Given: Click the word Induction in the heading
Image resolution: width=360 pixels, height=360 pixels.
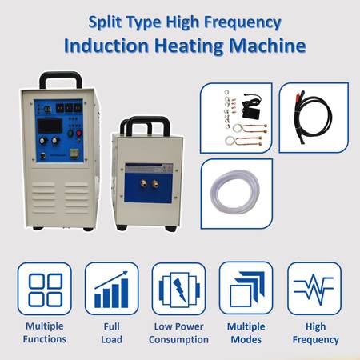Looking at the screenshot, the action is (x=106, y=46).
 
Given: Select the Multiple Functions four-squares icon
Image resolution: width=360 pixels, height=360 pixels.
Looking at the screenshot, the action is (x=45, y=289).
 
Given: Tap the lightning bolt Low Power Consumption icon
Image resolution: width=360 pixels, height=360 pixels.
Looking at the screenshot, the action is (x=179, y=289).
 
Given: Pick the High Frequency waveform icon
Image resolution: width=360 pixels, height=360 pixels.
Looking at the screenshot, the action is (x=314, y=289).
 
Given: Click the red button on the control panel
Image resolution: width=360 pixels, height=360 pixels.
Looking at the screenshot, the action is (x=79, y=133).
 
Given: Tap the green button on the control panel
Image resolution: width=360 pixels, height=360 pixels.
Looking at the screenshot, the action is (x=70, y=133).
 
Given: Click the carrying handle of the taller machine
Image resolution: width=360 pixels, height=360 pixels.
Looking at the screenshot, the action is (x=61, y=79).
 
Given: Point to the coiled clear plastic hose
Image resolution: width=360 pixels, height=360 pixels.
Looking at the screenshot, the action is (x=234, y=191).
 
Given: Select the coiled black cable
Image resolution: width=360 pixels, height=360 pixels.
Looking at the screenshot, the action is (x=314, y=117).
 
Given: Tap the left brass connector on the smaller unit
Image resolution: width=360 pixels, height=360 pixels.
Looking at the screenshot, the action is (x=144, y=183).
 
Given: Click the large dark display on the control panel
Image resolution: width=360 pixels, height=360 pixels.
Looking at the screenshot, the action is (x=50, y=126).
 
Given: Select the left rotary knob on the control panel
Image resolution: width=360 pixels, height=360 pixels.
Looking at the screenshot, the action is (x=42, y=141).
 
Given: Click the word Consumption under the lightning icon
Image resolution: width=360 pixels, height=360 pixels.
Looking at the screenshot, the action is (x=178, y=339).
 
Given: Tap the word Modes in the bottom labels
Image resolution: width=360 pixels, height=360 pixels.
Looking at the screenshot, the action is (x=246, y=339).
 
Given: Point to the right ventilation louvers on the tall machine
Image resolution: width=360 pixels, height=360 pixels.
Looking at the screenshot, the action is (x=77, y=198).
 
